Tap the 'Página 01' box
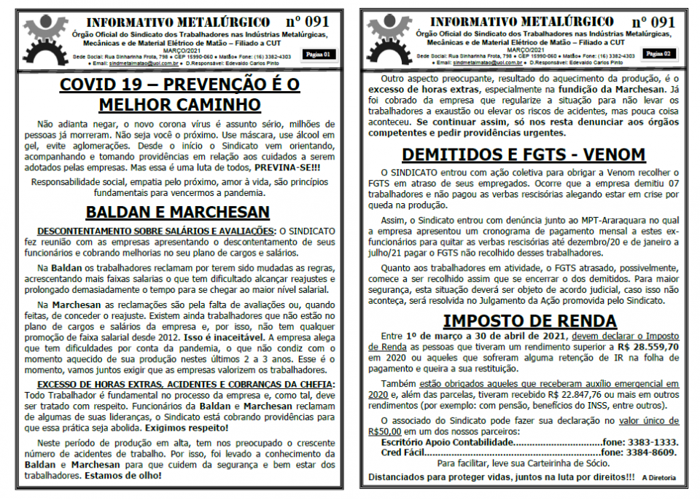[318, 55]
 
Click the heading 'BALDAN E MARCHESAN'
[179, 212]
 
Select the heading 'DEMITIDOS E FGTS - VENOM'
[523, 154]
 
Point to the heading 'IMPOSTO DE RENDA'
[523, 321]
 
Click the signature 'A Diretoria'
[658, 478]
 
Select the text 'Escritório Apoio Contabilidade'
[437, 442]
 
